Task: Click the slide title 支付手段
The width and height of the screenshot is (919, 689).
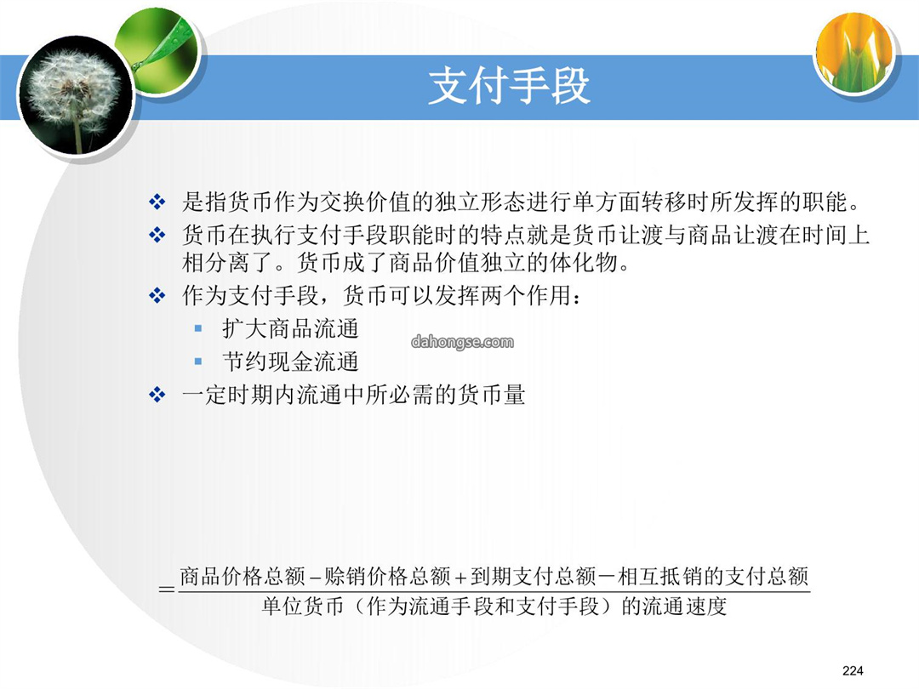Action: [x=509, y=86]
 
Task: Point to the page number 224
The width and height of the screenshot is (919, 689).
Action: [x=853, y=671]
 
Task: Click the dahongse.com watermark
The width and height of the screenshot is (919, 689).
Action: [x=462, y=342]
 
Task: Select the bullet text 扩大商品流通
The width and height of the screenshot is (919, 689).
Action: [x=291, y=328]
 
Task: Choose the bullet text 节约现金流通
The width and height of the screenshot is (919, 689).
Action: [x=291, y=362]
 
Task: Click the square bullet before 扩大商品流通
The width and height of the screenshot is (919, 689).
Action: [x=198, y=328]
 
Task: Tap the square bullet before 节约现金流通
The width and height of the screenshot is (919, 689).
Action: [x=198, y=362]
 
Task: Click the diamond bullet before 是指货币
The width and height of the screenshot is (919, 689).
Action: [x=157, y=202]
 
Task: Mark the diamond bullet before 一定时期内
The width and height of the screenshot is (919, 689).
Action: [x=157, y=395]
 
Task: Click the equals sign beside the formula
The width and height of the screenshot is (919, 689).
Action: [x=167, y=589]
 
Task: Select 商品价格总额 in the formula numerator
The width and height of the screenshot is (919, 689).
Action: [x=243, y=577]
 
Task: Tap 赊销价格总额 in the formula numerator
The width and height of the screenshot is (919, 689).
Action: [x=387, y=577]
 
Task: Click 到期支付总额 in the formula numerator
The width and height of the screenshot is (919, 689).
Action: [x=533, y=577]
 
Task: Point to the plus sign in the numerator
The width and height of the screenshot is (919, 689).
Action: [x=460, y=578]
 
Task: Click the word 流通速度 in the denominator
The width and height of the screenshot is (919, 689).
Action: [x=684, y=606]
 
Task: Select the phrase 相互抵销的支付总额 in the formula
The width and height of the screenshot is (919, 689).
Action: [x=713, y=577]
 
